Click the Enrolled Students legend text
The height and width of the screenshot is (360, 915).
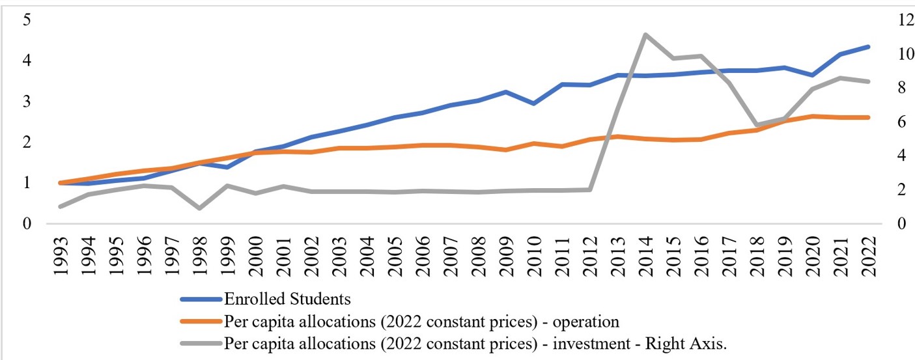coord(287,299)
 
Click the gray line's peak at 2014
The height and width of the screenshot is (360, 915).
coord(644,35)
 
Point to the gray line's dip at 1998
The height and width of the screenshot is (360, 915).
coord(200,208)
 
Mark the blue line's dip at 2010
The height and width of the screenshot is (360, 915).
coord(533,104)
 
